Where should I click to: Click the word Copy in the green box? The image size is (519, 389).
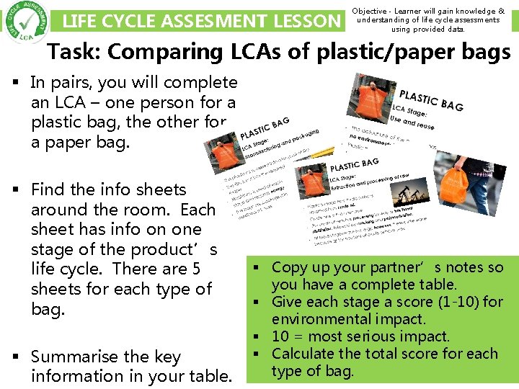pos(288,267)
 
